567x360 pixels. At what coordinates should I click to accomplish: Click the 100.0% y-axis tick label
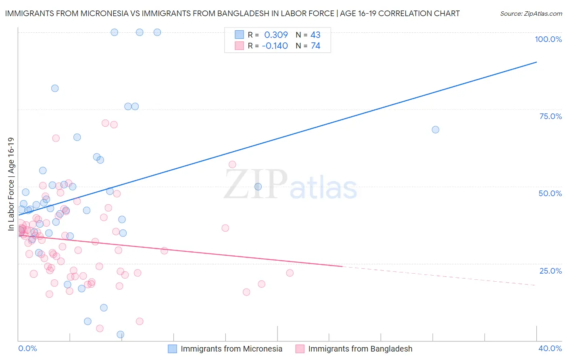coord(548,39)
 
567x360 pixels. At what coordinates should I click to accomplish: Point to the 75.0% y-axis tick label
coord(550,116)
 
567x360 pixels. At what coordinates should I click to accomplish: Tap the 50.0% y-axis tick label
coord(550,193)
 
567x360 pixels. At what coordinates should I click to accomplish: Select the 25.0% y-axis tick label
coord(550,271)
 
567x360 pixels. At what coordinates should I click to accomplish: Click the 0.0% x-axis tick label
coord(27,348)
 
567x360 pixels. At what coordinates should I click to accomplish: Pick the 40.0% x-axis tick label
coord(550,348)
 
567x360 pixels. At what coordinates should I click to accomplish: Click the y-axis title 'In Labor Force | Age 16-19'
coord(11,184)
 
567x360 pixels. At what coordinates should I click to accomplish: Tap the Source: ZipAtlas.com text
coord(531,14)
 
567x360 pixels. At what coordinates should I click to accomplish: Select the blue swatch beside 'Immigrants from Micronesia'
coord(172,349)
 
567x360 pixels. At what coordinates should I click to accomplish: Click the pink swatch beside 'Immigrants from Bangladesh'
coord(300,349)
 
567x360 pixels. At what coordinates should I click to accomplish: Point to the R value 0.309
coord(276,35)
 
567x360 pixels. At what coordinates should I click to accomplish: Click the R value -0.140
coord(275,46)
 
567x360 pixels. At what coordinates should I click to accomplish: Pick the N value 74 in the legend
coord(315,46)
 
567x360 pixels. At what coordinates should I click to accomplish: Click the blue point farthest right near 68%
coord(435,130)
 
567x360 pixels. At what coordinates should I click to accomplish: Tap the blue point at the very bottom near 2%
coord(120,335)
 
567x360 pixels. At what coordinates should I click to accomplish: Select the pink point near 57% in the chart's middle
coord(232,164)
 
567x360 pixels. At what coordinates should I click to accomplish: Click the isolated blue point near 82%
coord(55,88)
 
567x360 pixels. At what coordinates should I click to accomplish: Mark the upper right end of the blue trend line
coord(536,62)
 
